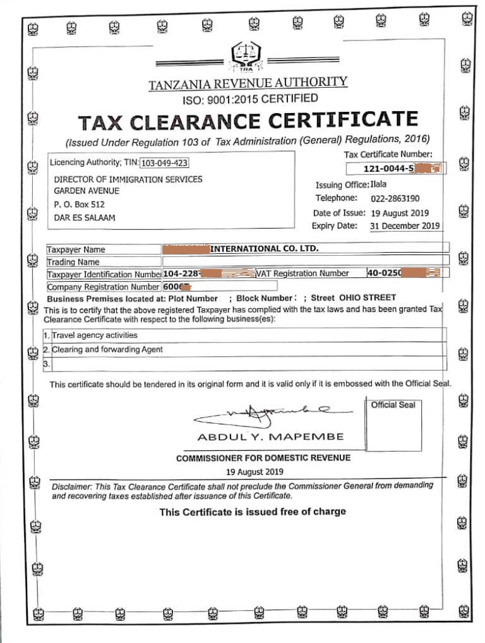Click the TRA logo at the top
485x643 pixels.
click(x=244, y=57)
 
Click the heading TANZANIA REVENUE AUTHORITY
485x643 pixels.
click(x=248, y=83)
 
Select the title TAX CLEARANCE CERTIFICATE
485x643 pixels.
click(x=248, y=120)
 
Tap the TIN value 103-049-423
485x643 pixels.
click(x=164, y=163)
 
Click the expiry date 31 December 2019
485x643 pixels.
click(x=404, y=225)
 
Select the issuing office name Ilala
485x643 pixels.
click(x=380, y=184)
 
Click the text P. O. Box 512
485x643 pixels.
click(x=80, y=205)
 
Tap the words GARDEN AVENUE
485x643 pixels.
click(x=87, y=191)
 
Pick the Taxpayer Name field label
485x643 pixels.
click(x=76, y=249)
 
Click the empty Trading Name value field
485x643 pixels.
click(x=306, y=261)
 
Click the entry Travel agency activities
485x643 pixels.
click(x=95, y=335)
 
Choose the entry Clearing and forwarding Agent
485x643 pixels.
click(x=107, y=349)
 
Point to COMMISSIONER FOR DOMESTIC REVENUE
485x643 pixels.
click(x=263, y=458)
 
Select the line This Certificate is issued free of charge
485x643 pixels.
click(x=253, y=512)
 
